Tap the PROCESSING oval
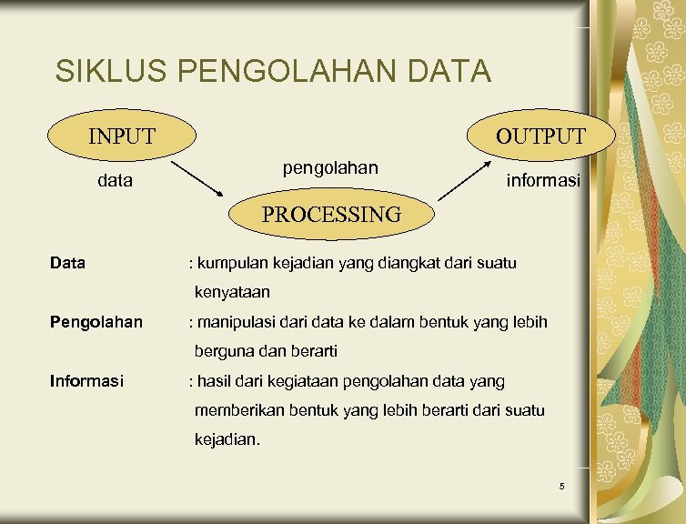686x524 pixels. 331,215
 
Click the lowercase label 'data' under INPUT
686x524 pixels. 115,181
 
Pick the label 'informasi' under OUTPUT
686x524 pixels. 543,182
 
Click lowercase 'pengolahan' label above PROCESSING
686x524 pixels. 330,168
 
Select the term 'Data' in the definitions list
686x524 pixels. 68,264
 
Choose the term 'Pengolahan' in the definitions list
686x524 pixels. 96,322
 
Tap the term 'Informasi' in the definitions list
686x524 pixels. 86,381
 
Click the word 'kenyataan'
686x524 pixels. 232,293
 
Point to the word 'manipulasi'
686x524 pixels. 232,322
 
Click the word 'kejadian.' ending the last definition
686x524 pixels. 227,439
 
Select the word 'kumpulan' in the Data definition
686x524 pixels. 229,264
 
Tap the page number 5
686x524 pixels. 562,487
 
